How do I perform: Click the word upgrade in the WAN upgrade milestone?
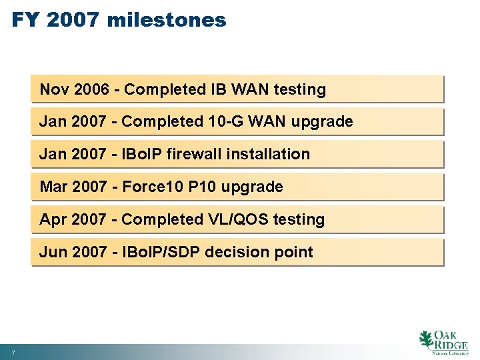pos(323,122)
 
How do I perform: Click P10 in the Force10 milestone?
pos(202,187)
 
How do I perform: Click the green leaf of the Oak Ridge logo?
pos(425,339)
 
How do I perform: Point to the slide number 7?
pos(13,351)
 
